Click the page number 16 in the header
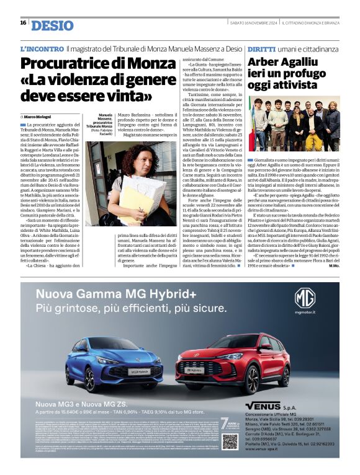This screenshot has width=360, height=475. click(23, 23)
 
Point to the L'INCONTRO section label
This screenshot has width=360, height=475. click(42, 48)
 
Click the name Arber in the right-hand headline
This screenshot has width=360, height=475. click(268, 63)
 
